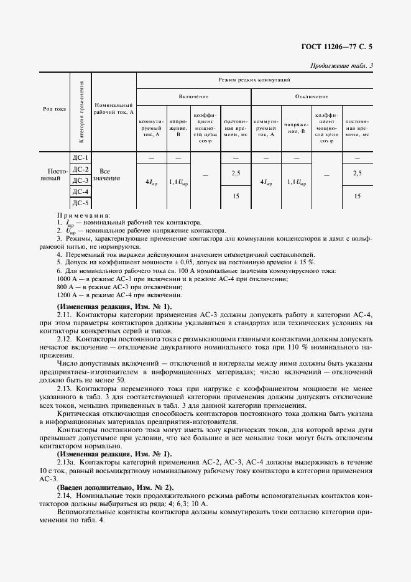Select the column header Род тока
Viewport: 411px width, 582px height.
55,108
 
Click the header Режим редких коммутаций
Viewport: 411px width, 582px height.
254,80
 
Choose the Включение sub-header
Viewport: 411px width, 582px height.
193,97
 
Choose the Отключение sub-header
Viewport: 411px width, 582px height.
311,97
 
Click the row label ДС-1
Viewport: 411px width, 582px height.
81,158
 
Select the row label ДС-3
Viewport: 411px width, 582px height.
81,180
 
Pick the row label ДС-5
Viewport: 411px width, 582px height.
81,203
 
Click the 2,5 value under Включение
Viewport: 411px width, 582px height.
236,173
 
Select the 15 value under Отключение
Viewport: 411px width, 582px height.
357,196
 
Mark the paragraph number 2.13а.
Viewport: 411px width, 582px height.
67,462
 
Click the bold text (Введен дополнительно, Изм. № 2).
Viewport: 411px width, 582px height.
116,487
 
